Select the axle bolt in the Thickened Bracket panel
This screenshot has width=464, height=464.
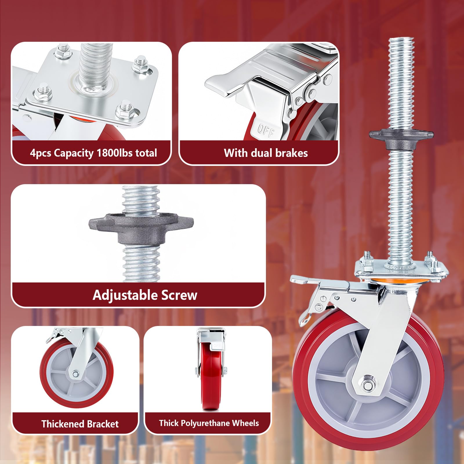point(75,375)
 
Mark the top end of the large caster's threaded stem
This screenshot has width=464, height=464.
point(401,39)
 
